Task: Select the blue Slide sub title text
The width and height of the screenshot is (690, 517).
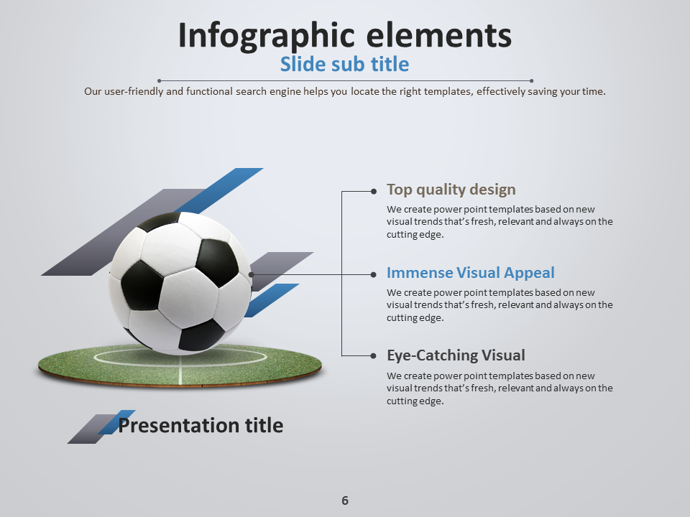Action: click(344, 65)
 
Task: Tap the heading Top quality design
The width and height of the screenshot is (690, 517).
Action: click(451, 190)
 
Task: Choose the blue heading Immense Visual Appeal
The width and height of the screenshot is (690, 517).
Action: click(470, 273)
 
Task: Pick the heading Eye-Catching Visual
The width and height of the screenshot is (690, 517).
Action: click(456, 355)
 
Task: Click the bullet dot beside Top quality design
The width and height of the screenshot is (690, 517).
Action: click(374, 191)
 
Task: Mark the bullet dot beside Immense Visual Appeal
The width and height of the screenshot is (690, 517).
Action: click(374, 274)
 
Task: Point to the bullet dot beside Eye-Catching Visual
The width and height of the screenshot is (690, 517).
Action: click(374, 356)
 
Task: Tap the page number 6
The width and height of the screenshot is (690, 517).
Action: click(345, 500)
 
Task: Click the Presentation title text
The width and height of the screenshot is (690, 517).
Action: click(201, 426)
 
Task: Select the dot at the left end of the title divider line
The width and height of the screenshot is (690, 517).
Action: click(159, 81)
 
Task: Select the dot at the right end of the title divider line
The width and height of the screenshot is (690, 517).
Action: click(531, 81)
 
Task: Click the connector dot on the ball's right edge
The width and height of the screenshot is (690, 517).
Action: click(251, 274)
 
